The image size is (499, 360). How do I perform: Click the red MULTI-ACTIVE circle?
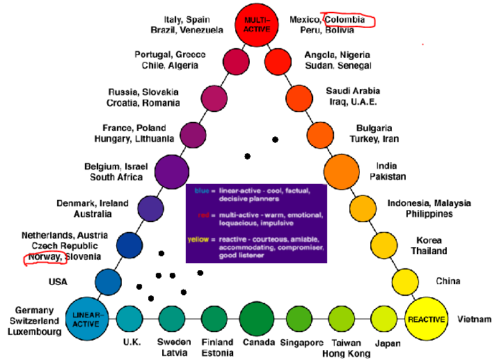[251, 26]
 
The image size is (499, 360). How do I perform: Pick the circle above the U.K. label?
[130, 319]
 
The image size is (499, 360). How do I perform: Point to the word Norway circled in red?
[44, 258]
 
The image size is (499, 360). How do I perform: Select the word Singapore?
[301, 343]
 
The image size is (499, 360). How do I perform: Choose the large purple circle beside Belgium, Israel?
[172, 171]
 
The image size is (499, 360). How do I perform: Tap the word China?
[447, 281]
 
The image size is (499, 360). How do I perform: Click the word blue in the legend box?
[202, 189]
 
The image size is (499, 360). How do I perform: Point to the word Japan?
[388, 343]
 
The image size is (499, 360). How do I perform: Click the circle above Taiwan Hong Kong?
[342, 319]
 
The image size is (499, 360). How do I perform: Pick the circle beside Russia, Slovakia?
[214, 97]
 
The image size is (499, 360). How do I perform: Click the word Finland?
[216, 343]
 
